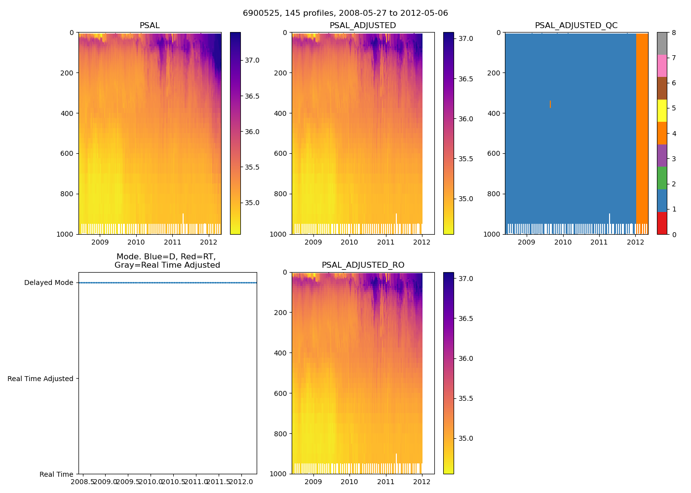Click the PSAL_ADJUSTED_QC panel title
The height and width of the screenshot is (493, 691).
576,26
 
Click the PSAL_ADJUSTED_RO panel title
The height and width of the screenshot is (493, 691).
363,265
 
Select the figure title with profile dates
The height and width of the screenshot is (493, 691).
345,13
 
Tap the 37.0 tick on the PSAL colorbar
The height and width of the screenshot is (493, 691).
252,60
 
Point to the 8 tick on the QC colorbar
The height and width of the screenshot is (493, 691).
673,33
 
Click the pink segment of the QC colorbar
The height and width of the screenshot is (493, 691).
662,66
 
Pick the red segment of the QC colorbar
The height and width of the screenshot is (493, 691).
662,223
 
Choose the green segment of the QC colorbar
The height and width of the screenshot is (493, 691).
662,177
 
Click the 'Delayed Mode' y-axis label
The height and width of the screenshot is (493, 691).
48,283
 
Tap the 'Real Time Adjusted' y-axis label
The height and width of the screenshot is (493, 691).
40,379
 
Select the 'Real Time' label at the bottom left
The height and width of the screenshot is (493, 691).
56,474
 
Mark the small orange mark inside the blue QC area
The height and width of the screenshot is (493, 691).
550,104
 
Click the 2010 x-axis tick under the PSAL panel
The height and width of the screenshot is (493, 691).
136,242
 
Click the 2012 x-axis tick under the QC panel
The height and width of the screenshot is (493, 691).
636,242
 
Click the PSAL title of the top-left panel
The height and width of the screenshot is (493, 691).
150,26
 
